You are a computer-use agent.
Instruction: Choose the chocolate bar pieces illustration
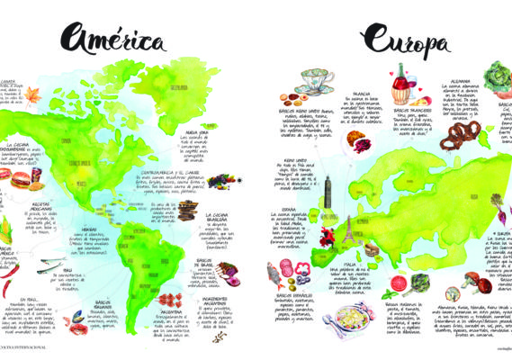tap(188, 212)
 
